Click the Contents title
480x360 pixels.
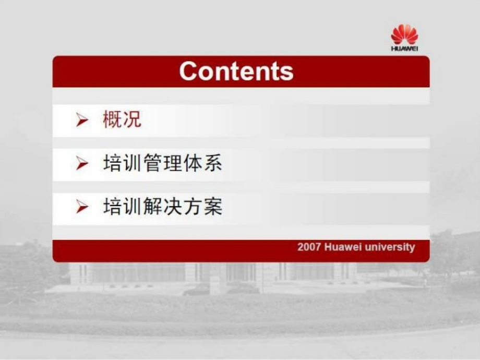click(x=236, y=71)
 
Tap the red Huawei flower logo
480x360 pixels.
click(x=404, y=34)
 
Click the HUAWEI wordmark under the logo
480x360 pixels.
click(x=404, y=49)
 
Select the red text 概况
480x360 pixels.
click(x=122, y=119)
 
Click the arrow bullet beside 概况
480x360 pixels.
click(x=82, y=119)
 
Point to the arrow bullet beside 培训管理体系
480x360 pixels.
click(x=82, y=163)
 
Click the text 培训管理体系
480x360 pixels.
click(x=163, y=163)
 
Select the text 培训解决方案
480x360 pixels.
click(x=163, y=206)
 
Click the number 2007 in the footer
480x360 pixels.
click(x=309, y=247)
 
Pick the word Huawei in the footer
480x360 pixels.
click(x=343, y=247)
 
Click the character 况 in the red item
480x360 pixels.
click(x=132, y=119)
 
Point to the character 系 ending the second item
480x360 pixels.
click(x=213, y=163)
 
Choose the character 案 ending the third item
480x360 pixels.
click(x=213, y=206)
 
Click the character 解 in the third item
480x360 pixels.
click(x=152, y=206)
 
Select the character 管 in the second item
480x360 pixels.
click(x=152, y=163)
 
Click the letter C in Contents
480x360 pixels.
click(x=188, y=71)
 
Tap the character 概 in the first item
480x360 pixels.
click(x=112, y=119)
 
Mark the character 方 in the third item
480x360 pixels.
click(x=193, y=206)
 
